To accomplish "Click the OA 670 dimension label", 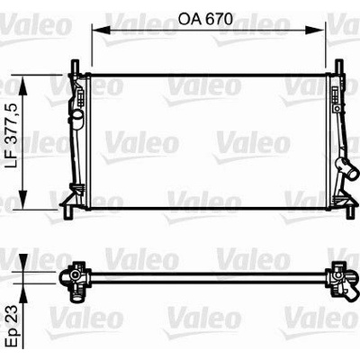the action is [x=205, y=19].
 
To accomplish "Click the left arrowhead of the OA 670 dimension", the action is [x=101, y=30].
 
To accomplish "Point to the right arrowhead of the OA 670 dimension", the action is [x=315, y=30].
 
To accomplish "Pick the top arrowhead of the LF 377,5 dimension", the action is [x=22, y=85].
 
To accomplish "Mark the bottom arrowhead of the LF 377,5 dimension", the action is [x=22, y=200].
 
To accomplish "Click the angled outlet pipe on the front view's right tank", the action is [x=348, y=168].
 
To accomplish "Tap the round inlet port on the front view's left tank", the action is [x=77, y=116].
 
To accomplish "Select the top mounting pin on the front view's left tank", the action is [x=75, y=66].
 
